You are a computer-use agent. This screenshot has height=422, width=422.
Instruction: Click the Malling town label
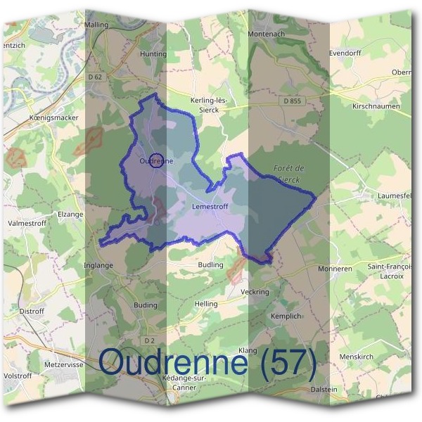coord(97,25)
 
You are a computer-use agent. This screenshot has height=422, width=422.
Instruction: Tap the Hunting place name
coord(153,54)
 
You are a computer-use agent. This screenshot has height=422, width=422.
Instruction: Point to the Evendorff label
coord(345,53)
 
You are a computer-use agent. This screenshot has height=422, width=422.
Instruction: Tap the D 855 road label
coord(293,101)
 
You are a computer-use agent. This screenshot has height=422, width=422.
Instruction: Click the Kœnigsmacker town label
coord(53,117)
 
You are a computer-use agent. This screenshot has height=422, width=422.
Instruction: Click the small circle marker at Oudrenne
coord(158,161)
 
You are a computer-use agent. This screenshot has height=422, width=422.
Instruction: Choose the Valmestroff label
coord(27,224)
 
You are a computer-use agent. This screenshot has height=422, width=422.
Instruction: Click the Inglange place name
coord(98,265)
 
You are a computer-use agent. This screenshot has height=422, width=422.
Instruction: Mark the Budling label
coord(210,265)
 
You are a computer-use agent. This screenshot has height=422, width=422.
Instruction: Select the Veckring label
coord(255,291)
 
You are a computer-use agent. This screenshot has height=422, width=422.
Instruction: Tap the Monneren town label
coord(334,269)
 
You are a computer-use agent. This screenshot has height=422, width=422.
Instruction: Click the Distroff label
coord(32,310)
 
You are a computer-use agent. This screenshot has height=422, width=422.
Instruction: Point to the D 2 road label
coord(148,340)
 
